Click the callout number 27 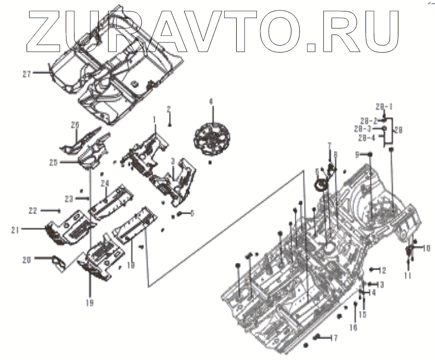[x=26, y=74]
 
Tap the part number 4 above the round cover [x=211, y=102]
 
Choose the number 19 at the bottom [x=90, y=302]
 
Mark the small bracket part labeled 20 [x=58, y=261]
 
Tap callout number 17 [x=333, y=337]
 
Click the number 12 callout [x=382, y=270]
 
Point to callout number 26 [x=75, y=124]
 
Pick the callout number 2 [x=169, y=109]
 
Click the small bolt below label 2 [x=170, y=125]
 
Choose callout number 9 [x=357, y=155]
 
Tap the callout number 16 [x=353, y=327]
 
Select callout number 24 [x=105, y=183]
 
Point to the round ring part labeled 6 [x=318, y=186]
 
